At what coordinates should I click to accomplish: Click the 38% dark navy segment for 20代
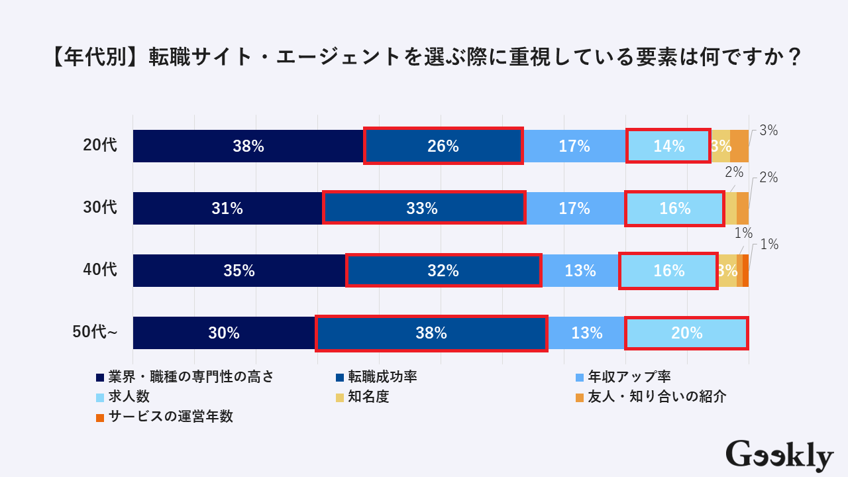[x=248, y=146]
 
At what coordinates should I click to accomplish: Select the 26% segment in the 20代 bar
[x=443, y=146]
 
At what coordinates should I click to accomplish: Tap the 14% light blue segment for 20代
[x=668, y=146]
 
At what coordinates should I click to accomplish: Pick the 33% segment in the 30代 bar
[x=423, y=208]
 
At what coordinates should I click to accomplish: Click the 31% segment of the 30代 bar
[x=227, y=208]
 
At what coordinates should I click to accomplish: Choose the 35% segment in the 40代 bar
[x=239, y=270]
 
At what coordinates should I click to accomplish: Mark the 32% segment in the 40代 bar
[x=443, y=270]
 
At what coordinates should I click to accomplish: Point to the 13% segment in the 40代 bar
[x=580, y=270]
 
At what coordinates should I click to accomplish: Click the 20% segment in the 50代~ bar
[x=686, y=333]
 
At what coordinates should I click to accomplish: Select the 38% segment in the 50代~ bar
[x=431, y=333]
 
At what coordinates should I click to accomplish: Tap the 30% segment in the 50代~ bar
[x=224, y=333]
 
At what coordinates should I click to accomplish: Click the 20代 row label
[x=100, y=145]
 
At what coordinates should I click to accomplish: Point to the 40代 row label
[x=100, y=270]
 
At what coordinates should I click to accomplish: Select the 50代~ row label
[x=95, y=332]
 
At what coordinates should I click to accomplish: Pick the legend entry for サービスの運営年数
[x=170, y=417]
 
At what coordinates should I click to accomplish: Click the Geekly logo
[x=779, y=456]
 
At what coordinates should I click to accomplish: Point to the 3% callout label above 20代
[x=768, y=131]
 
